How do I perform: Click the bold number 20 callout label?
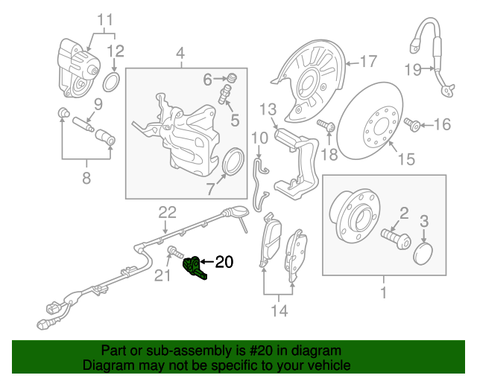click(x=224, y=262)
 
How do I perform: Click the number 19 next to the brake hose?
click(x=414, y=71)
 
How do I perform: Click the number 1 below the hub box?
click(x=384, y=293)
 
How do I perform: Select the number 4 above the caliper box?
click(x=180, y=53)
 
